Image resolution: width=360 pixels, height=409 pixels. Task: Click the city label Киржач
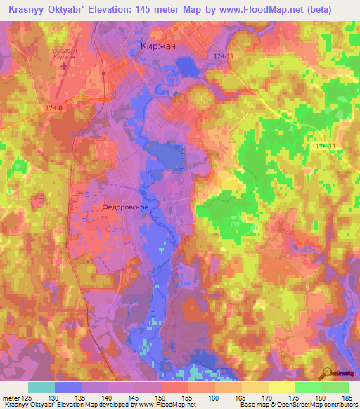tap(153, 48)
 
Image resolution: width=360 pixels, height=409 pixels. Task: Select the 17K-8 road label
tap(54, 108)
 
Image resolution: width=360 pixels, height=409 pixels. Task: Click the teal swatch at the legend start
tap(41, 387)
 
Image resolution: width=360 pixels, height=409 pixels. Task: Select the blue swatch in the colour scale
tap(67, 387)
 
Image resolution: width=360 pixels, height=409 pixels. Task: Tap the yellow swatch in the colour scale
tap(281, 387)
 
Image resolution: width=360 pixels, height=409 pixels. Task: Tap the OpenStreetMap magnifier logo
tap(326, 372)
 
